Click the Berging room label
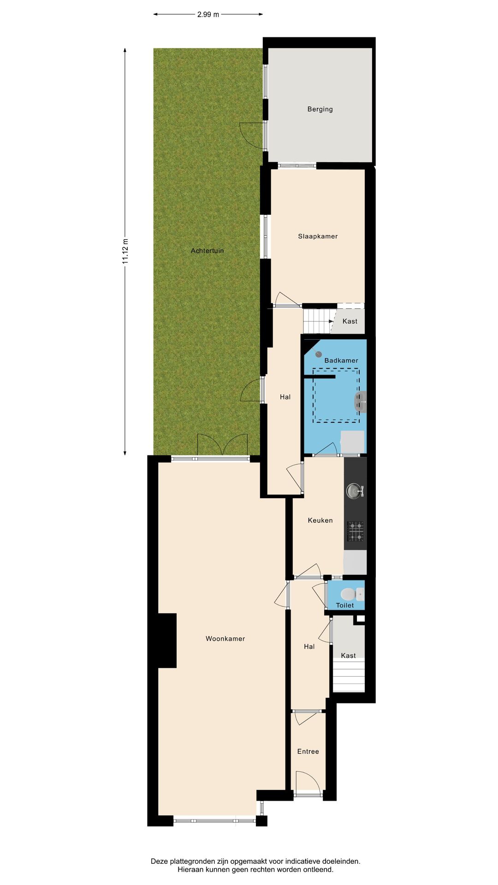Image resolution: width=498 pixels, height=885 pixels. [320, 109]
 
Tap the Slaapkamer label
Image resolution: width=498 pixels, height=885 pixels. [318, 236]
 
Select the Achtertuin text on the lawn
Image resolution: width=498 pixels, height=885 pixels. [207, 251]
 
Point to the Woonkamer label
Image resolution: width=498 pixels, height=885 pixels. [225, 639]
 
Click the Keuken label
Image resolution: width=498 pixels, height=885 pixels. [320, 520]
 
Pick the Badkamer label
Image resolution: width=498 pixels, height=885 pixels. [341, 360]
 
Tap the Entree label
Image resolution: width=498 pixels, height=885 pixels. [308, 751]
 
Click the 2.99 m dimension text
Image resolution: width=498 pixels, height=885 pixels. [208, 14]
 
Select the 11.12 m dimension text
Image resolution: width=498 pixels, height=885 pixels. [125, 251]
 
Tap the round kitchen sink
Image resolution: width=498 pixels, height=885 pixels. [354, 491]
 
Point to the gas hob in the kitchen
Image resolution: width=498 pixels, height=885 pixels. [355, 531]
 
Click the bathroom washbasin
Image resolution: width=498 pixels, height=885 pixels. [360, 401]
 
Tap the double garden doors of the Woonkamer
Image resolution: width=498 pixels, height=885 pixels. [223, 445]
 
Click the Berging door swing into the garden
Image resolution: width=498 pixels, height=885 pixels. [252, 135]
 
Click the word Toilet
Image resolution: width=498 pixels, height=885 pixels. [345, 605]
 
